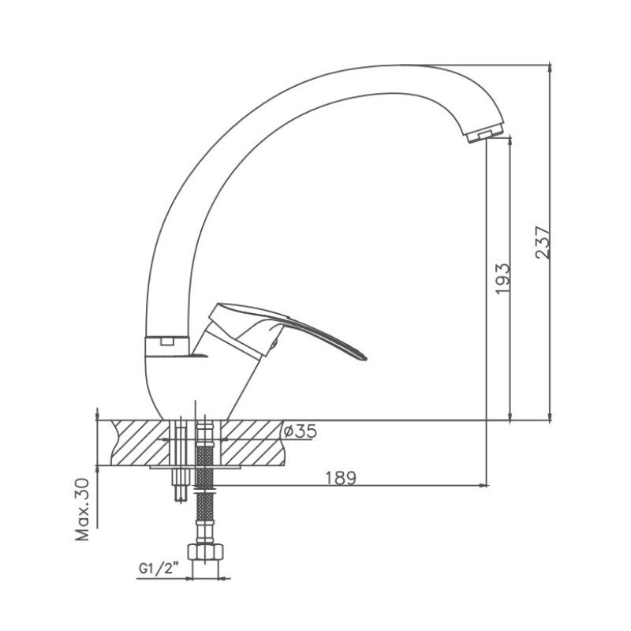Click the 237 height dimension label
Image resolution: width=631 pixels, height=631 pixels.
point(543,243)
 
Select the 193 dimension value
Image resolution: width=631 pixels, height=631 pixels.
point(502,279)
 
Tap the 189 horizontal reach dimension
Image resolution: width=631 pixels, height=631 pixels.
point(341,478)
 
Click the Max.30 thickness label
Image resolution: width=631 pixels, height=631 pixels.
point(83,509)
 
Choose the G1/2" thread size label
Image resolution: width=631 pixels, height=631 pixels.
point(159,568)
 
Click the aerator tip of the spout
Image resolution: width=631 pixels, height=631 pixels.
point(485,134)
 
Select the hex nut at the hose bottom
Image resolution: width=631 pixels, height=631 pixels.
point(205,551)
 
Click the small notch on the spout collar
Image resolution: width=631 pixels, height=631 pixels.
point(166,342)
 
